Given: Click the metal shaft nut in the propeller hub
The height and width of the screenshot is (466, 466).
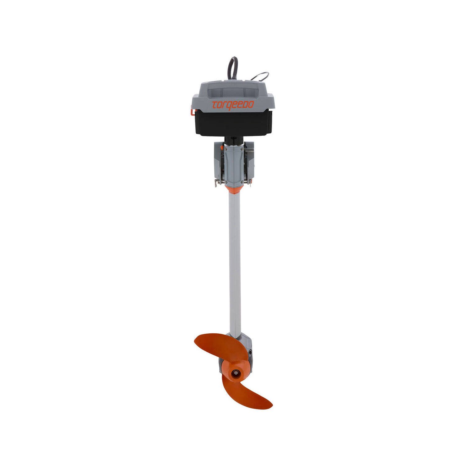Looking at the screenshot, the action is click(x=237, y=372).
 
